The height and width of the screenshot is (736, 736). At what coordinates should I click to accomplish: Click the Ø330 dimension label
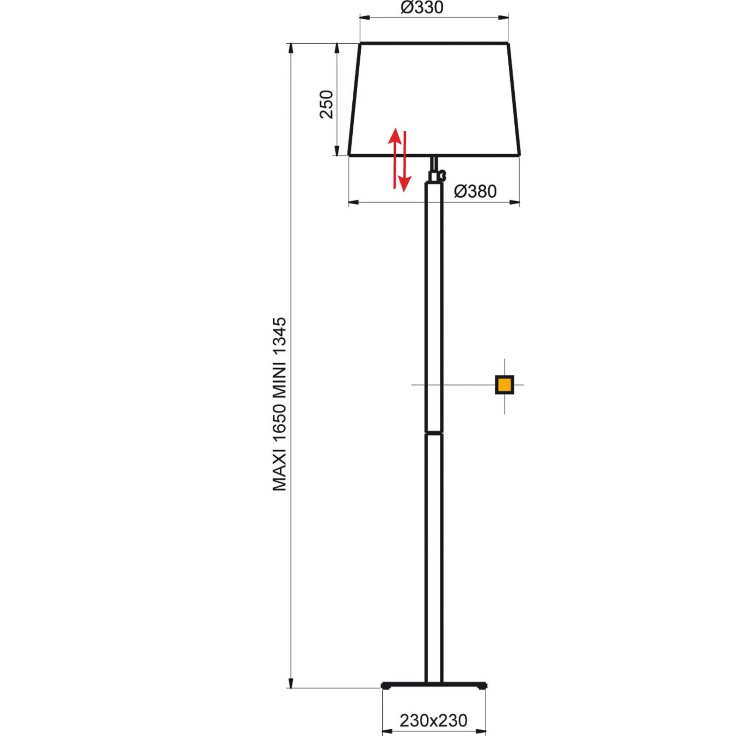(422, 7)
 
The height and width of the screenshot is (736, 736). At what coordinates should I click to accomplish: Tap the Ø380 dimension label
(475, 191)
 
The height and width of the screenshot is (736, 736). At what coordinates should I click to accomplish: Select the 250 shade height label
(326, 104)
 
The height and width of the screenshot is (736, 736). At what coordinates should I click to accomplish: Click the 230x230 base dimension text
(433, 720)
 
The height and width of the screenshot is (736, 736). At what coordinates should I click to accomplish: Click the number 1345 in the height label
(279, 336)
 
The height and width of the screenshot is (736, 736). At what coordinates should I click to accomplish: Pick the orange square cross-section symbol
(504, 385)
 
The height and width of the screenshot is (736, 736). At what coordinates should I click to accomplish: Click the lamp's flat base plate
(434, 685)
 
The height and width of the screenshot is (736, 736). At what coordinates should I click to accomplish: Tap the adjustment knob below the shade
(442, 175)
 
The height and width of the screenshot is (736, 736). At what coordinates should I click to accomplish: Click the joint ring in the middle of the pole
(434, 433)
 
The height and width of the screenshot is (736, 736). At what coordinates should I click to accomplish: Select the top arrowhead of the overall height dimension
(291, 48)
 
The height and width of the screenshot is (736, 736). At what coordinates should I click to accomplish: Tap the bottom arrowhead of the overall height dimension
(291, 683)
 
